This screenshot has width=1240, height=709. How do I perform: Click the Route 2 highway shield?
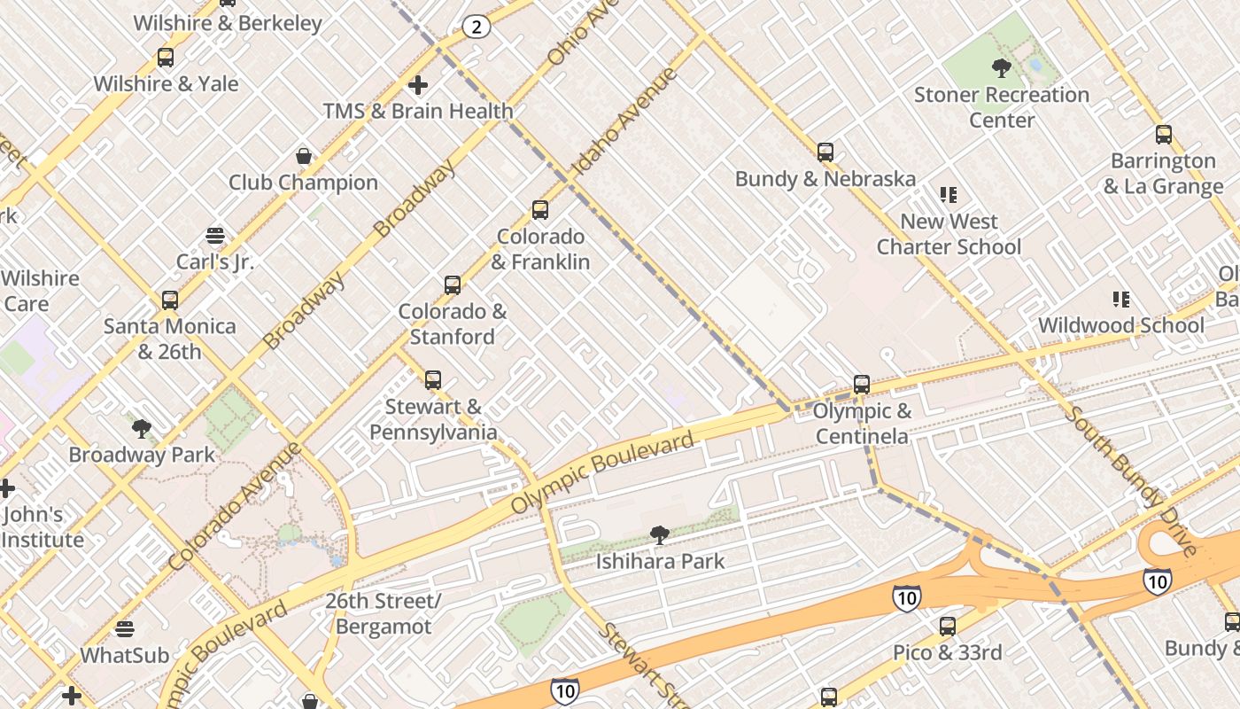[x=477, y=27]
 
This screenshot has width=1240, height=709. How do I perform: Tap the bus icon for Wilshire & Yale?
[x=166, y=58]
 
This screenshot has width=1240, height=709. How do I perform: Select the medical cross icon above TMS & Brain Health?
[x=418, y=85]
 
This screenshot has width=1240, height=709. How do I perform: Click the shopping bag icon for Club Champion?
[x=304, y=157]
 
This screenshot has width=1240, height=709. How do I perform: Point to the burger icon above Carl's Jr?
[x=215, y=236]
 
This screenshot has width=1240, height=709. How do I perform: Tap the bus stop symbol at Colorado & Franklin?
[x=540, y=210]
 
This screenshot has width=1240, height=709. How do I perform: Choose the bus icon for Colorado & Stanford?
[x=453, y=285]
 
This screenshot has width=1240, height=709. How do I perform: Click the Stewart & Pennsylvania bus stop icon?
[x=433, y=380]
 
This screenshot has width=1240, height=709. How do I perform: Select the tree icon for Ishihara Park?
[x=659, y=534]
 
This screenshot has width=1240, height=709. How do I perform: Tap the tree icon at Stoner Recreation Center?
[x=1002, y=68]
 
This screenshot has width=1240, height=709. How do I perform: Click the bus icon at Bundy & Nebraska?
[x=825, y=152]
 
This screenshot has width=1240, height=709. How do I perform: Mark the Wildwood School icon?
[x=1121, y=300]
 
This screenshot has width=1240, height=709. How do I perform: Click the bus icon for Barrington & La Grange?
[x=1164, y=135]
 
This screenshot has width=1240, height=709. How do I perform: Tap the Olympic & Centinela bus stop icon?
[x=862, y=385]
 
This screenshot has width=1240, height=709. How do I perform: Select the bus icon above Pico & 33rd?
[x=948, y=627]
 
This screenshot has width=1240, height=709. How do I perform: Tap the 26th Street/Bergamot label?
[x=384, y=613]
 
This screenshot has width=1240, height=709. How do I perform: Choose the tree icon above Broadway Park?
[x=141, y=429]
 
